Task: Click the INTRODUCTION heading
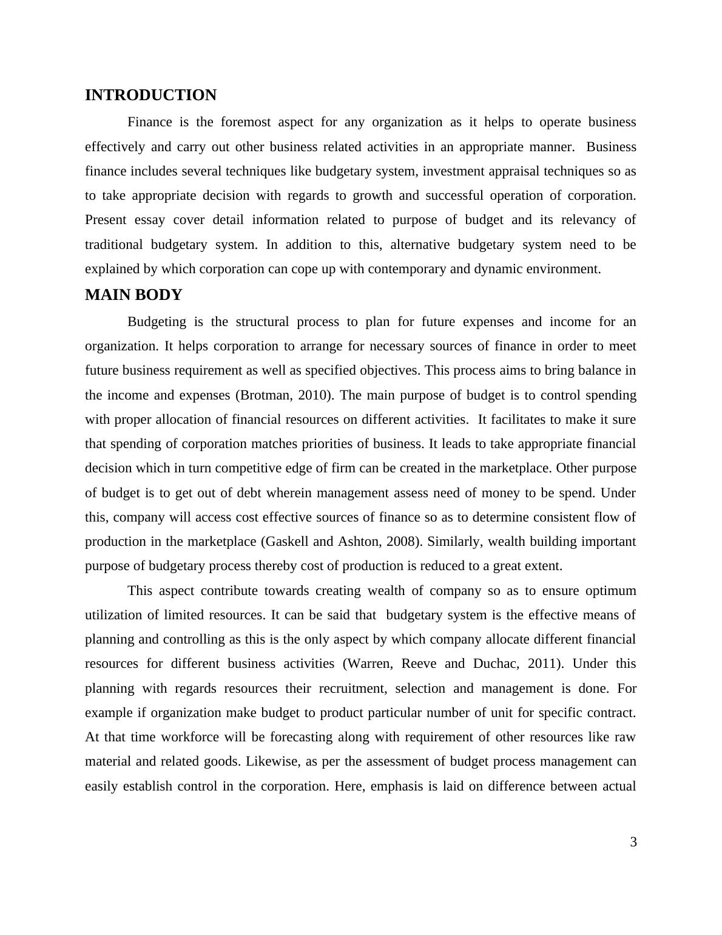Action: [x=150, y=95]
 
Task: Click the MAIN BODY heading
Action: [x=133, y=295]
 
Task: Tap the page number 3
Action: [x=633, y=842]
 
